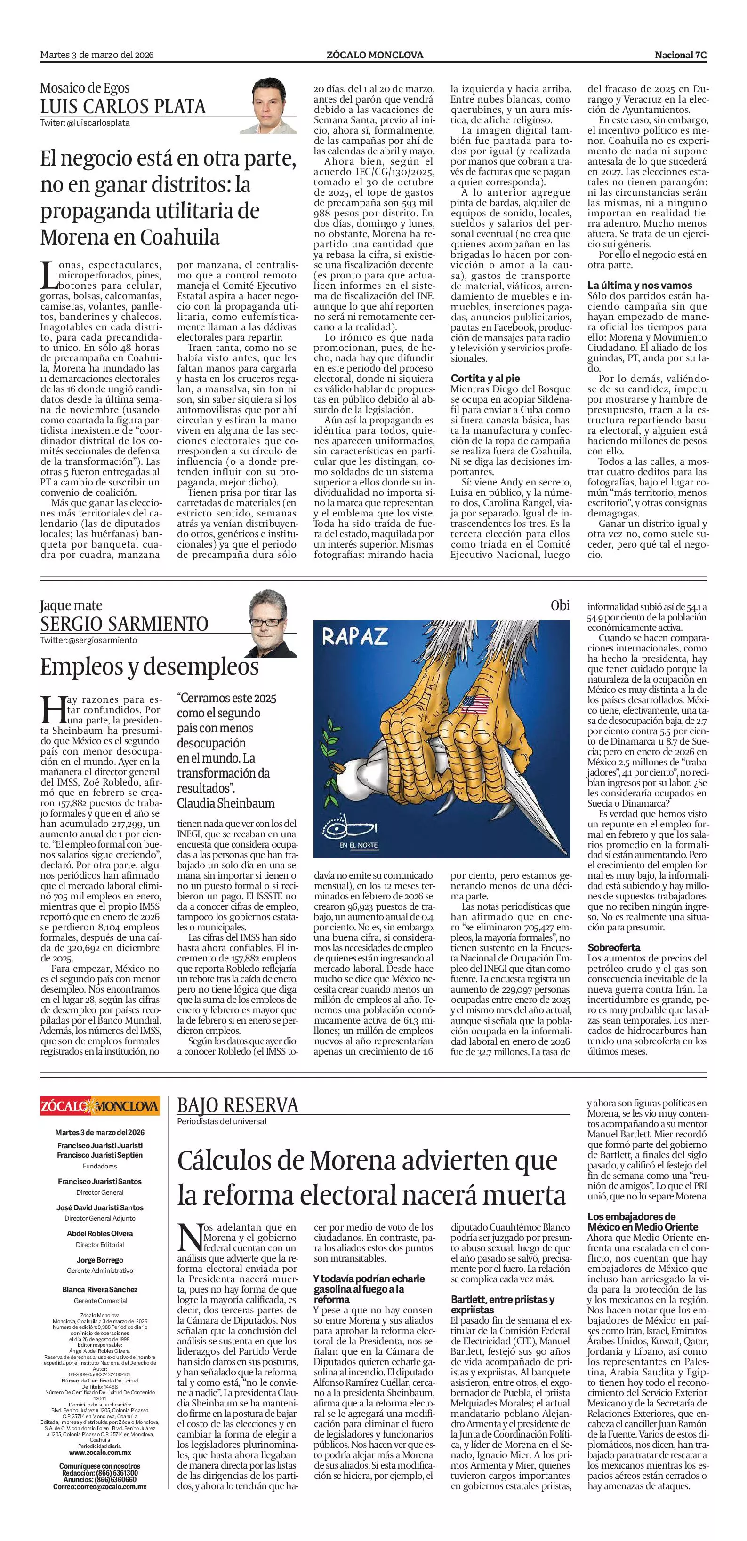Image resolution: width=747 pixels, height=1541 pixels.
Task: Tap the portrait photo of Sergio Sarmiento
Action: [273, 623]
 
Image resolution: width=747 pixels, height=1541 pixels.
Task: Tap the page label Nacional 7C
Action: [681, 55]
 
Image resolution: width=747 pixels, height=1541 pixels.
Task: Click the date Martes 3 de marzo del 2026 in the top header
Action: [97, 55]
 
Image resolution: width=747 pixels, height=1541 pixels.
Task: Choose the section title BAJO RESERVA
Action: [238, 1105]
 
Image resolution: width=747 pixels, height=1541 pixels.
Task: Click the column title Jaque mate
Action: [71, 605]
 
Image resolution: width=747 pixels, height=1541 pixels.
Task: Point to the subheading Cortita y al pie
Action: [485, 378]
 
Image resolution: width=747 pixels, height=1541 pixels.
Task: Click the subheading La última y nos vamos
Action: [639, 286]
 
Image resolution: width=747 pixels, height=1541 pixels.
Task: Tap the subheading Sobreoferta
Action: [613, 947]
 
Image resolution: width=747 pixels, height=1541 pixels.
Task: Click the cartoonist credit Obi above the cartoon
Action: [560, 605]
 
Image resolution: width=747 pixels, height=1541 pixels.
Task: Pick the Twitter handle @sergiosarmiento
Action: [88, 640]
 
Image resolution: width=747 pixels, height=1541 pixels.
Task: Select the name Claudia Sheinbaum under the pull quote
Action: [225, 803]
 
